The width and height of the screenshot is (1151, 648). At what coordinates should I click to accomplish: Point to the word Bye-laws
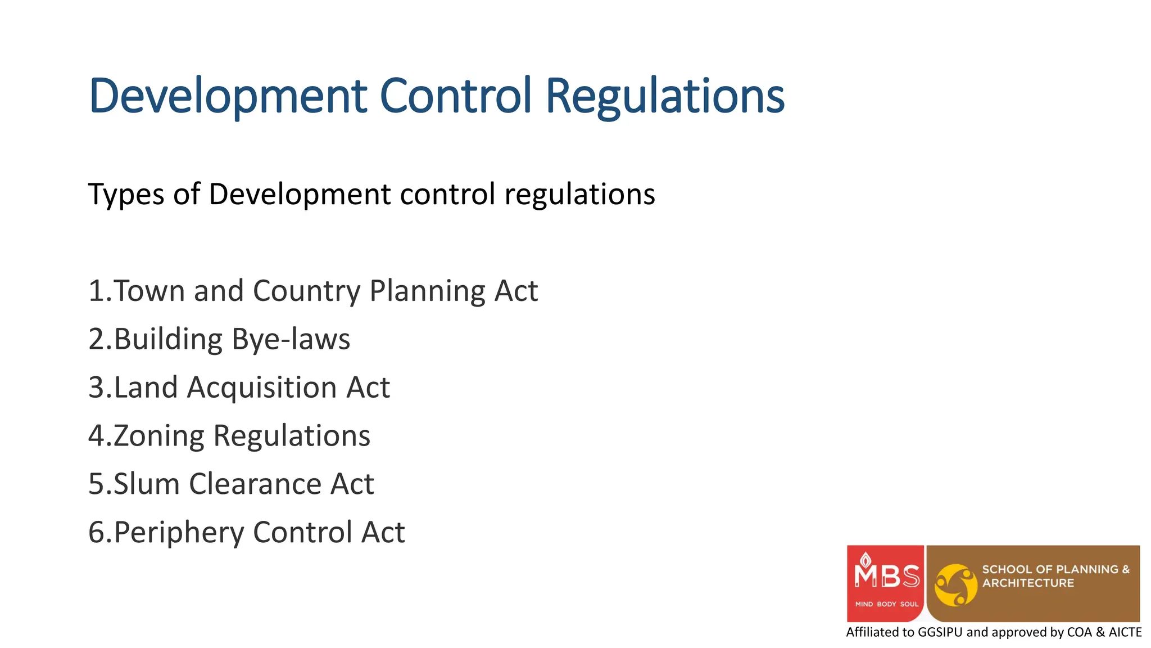291,340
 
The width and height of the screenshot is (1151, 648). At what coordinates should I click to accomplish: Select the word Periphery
179,533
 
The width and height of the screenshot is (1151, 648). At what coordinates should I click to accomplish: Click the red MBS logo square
885,583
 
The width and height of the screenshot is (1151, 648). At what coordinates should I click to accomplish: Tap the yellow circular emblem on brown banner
955,585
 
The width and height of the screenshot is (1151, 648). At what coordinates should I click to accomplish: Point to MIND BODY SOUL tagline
886,604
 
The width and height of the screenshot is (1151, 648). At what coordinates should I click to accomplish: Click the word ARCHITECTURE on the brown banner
1028,583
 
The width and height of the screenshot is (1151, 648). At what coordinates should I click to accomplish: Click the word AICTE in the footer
1125,632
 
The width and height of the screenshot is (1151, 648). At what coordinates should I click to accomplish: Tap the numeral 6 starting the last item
96,533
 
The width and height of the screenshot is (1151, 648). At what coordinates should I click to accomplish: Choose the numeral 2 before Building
96,340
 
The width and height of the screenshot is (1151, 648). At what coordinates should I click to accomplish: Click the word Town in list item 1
149,291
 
